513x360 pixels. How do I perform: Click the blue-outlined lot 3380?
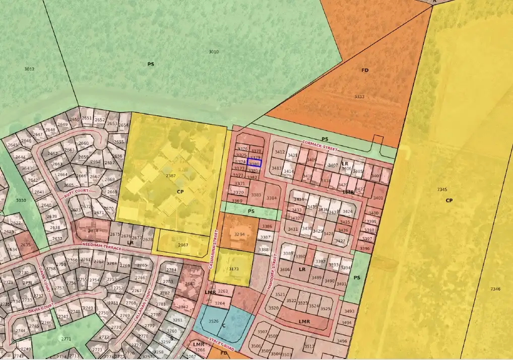click(x=254, y=163)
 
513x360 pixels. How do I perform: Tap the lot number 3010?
click(x=214, y=52)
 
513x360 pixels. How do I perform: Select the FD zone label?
click(x=365, y=70)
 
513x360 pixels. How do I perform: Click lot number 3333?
click(x=359, y=97)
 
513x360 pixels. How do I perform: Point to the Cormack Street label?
click(x=319, y=146)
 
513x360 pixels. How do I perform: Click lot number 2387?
click(x=170, y=176)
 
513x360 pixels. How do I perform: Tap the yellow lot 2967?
click(x=183, y=245)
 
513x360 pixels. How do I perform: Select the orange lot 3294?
click(x=239, y=235)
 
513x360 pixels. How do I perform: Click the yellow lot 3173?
click(x=234, y=269)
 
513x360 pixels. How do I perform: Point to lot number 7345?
click(x=442, y=189)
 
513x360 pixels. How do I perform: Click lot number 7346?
click(x=495, y=289)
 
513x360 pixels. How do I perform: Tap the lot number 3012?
click(x=29, y=69)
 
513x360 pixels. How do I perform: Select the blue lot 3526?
click(x=213, y=321)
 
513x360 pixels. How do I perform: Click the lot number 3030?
click(x=21, y=200)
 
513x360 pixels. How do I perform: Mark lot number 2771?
click(x=66, y=339)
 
